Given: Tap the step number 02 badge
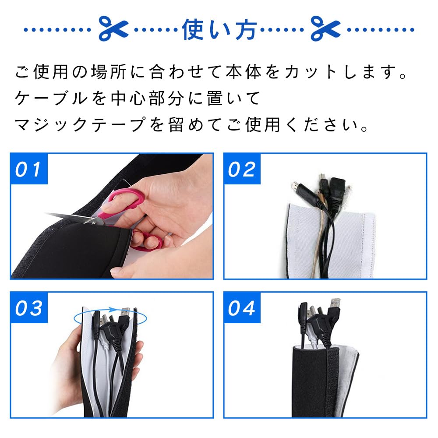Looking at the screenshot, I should (242, 169).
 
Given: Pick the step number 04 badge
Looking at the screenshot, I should (242, 308).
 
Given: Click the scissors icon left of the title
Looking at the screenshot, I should (113, 29).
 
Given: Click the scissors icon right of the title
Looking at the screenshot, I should (325, 29).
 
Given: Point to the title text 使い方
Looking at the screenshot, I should (219, 29).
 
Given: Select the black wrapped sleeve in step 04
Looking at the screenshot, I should (311, 381).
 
